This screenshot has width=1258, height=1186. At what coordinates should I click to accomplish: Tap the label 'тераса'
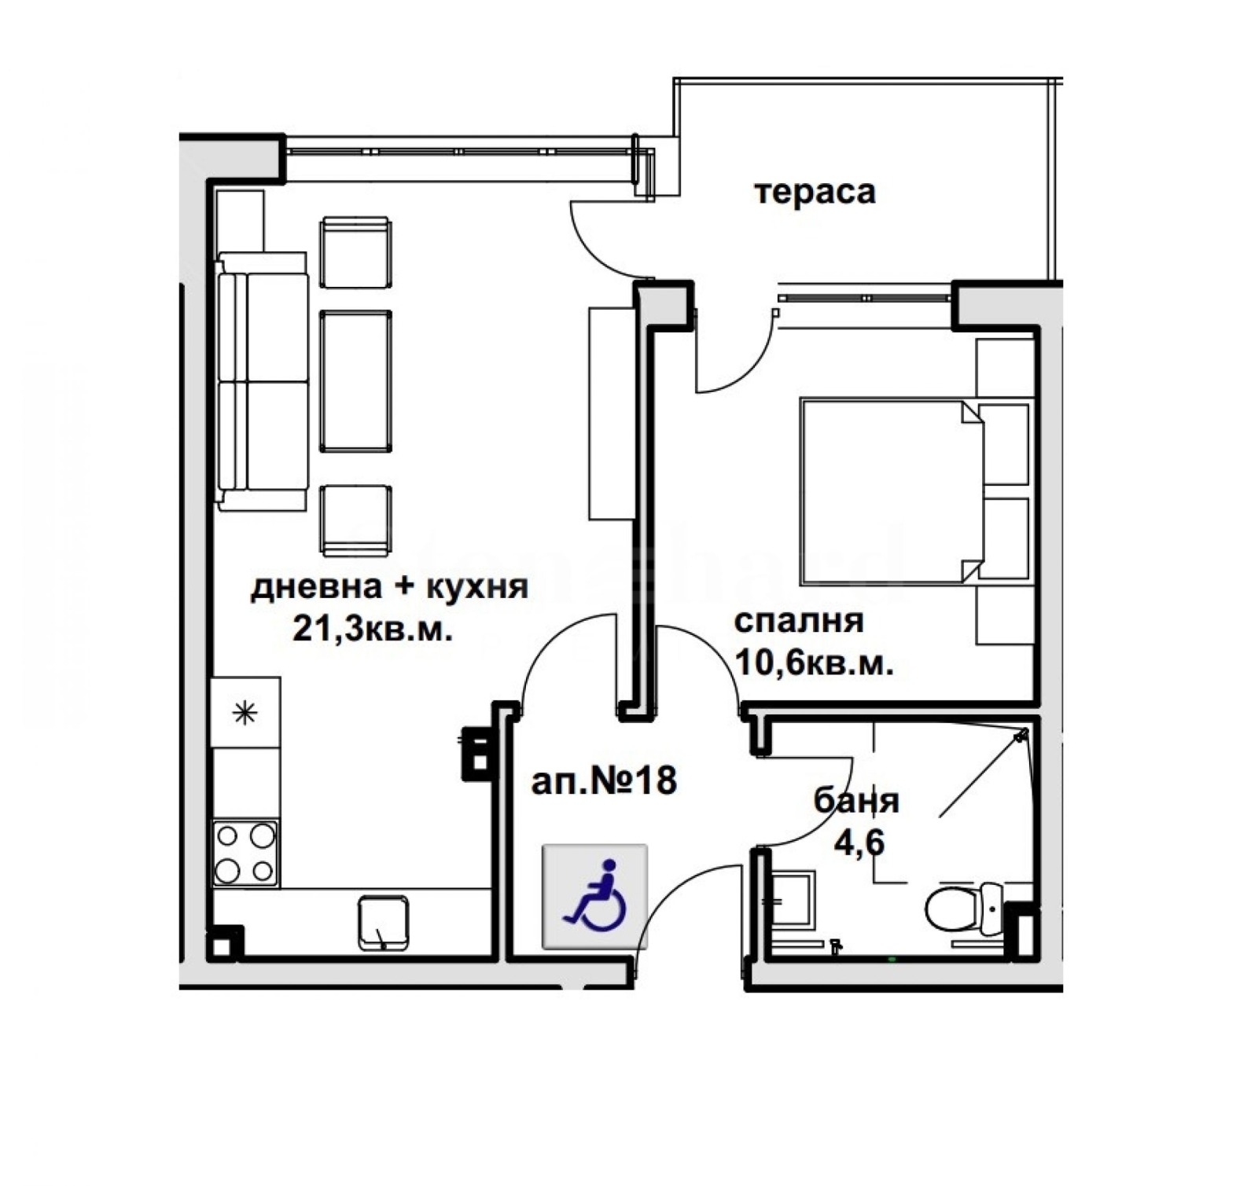(815, 192)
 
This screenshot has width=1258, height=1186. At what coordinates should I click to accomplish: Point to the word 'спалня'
(798, 621)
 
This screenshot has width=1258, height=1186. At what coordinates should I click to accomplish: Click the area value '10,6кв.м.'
(814, 664)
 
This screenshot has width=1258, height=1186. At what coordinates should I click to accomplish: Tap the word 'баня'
(856, 801)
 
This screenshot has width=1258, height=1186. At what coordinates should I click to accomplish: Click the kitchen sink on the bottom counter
(383, 923)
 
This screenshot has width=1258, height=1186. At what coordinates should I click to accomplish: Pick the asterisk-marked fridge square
(246, 713)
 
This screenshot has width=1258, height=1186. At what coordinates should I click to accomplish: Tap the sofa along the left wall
(262, 381)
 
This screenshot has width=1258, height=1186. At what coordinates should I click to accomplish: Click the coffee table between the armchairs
(355, 381)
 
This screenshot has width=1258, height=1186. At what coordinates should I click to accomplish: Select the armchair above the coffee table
(355, 252)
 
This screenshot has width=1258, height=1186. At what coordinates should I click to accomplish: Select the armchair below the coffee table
(355, 520)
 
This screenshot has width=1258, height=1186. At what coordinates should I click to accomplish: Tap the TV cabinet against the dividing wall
(611, 413)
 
